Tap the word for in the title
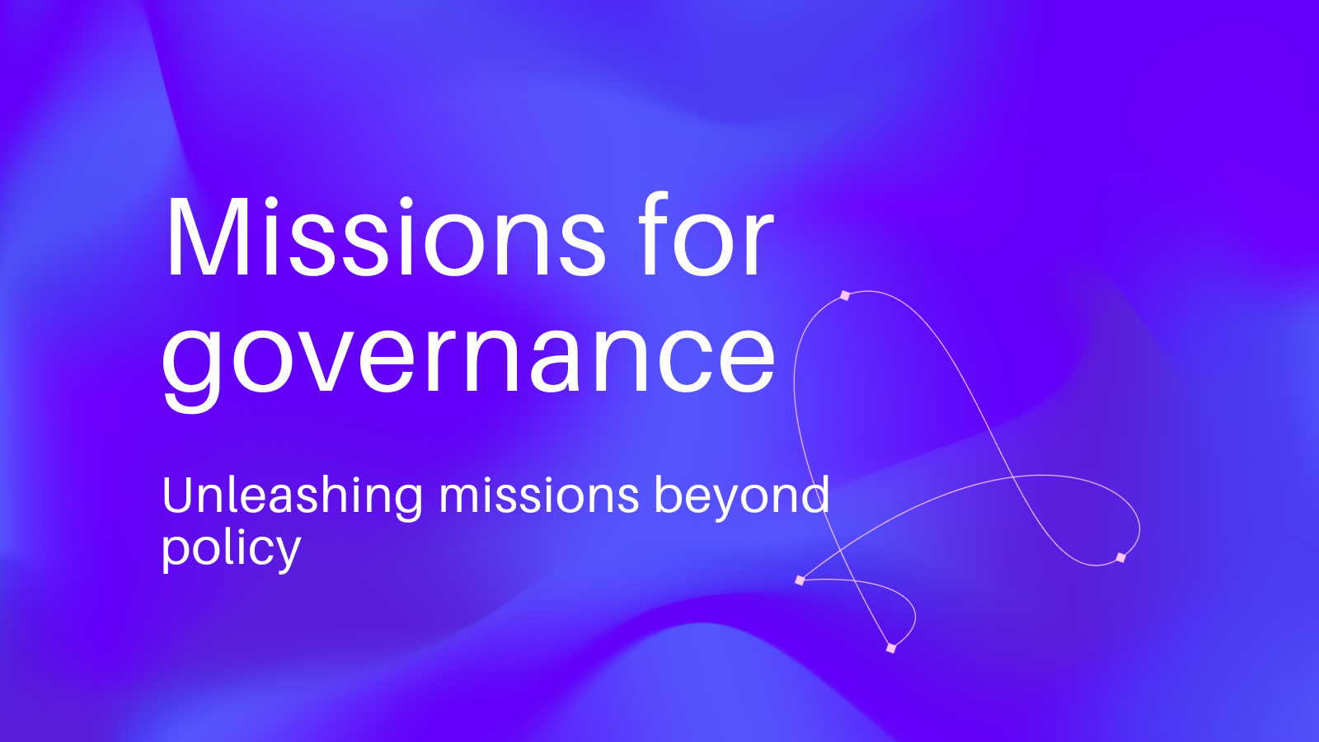[706, 233]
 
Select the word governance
[469, 360]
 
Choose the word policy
[231, 549]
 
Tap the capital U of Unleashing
[178, 495]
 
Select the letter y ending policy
[286, 552]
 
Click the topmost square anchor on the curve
[845, 295]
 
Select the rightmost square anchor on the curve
[1120, 557]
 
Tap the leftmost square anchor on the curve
[800, 580]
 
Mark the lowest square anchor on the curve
[891, 648]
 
